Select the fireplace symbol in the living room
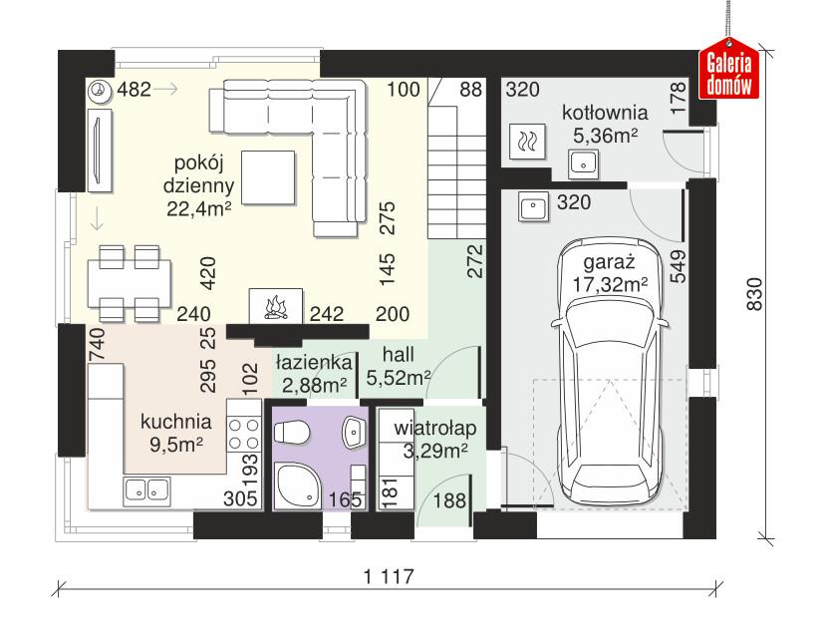click(272, 303)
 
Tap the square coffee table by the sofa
click(266, 175)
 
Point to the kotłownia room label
click(605, 112)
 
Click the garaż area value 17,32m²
click(610, 284)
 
